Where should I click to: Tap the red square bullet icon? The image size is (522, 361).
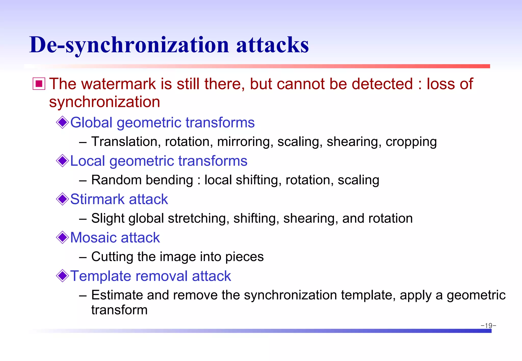(x=39, y=84)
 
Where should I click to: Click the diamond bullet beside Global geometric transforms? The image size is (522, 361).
(x=62, y=122)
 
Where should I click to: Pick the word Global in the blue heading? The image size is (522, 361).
(x=91, y=122)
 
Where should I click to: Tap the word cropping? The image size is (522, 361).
(x=411, y=142)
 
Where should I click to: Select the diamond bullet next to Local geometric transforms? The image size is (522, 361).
(x=62, y=161)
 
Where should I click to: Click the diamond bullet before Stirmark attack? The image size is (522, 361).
(x=62, y=199)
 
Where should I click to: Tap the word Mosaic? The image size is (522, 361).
(x=93, y=238)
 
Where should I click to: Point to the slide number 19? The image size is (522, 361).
(x=488, y=326)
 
